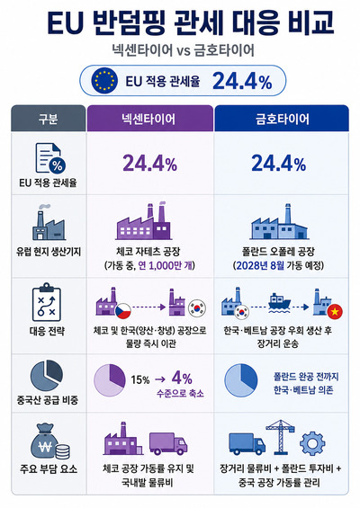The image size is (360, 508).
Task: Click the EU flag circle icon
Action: click(x=104, y=81)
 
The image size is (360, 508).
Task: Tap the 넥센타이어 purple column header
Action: click(x=149, y=119)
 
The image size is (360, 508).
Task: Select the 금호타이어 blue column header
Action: click(x=282, y=119)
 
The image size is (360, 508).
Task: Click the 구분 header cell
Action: click(x=49, y=119)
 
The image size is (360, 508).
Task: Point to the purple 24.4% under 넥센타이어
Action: click(x=149, y=164)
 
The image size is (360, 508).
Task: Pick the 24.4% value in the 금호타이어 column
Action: click(x=279, y=164)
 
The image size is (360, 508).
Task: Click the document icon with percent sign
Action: click(x=50, y=159)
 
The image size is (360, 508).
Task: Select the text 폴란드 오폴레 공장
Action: click(x=278, y=252)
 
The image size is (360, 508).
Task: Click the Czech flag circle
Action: click(x=123, y=311)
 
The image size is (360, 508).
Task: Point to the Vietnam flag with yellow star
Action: click(x=335, y=312)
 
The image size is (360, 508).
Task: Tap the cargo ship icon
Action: click(x=279, y=303)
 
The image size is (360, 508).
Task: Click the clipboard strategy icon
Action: click(x=47, y=302)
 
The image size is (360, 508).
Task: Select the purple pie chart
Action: click(x=110, y=380)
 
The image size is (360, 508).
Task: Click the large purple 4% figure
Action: click(x=182, y=378)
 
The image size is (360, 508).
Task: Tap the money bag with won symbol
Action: click(x=46, y=441)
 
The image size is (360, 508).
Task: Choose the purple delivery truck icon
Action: click(x=168, y=443)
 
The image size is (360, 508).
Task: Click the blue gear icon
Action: click(x=312, y=444)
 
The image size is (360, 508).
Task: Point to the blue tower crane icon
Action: click(x=280, y=437)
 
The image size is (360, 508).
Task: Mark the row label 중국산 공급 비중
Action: click(x=48, y=400)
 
